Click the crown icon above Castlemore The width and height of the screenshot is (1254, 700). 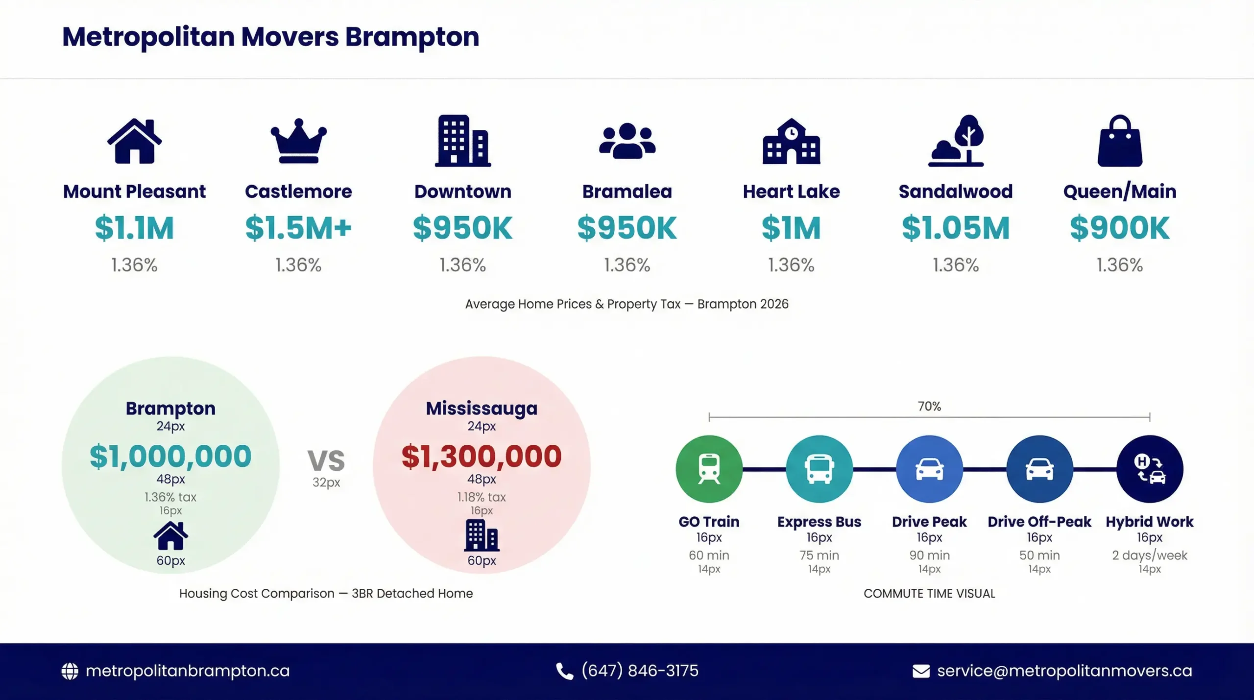[x=298, y=141]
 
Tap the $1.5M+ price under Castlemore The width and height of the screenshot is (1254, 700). [x=298, y=228]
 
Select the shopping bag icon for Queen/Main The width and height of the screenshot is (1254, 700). [x=1120, y=141]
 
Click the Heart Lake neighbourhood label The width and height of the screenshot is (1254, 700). [x=791, y=192]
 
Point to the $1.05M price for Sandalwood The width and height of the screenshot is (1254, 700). [x=956, y=228]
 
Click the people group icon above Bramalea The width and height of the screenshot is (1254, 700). [x=627, y=141]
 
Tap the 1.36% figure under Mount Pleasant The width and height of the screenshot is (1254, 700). [x=134, y=265]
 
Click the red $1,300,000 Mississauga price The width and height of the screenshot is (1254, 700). [x=482, y=456]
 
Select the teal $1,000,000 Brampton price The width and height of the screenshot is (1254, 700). [x=170, y=456]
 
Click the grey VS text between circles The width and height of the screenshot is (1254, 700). [x=326, y=460]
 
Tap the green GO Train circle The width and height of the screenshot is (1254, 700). [x=709, y=469]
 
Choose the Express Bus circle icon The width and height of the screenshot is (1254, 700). [x=819, y=469]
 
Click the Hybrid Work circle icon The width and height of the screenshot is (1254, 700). [x=1150, y=469]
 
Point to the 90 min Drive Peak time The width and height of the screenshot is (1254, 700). [x=929, y=555]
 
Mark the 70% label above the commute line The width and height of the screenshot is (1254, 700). [x=929, y=406]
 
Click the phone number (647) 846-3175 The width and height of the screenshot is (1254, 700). [x=640, y=671]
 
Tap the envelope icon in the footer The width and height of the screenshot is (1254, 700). [x=921, y=671]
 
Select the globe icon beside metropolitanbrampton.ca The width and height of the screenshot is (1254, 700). [x=70, y=671]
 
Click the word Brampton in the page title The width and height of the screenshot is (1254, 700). [x=412, y=37]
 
